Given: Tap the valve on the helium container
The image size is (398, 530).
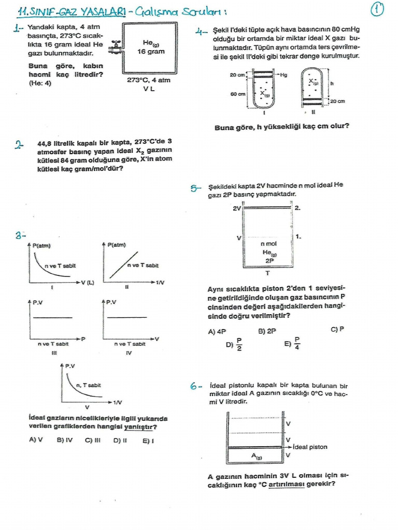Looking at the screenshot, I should [x=118, y=47].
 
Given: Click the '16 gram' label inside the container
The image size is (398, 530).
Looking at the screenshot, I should [x=151, y=52].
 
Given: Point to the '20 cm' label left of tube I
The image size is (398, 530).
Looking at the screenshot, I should [x=237, y=75].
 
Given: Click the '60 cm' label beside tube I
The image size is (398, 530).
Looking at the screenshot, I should [x=237, y=94].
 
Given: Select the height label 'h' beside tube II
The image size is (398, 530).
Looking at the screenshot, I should [x=332, y=82].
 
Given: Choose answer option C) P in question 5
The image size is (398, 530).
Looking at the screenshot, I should [x=337, y=329].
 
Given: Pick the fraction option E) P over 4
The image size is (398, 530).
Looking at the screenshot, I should [x=293, y=344].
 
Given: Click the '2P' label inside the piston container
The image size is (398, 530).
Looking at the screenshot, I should [x=269, y=261].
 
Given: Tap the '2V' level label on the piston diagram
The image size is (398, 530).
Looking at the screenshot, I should [x=237, y=208].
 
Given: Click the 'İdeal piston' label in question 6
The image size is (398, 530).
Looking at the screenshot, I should [x=309, y=447].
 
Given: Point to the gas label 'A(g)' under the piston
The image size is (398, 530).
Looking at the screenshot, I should [x=257, y=456].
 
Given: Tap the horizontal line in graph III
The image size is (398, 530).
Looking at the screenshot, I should [x=49, y=317].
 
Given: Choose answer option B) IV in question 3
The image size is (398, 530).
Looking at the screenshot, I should [x=64, y=440].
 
